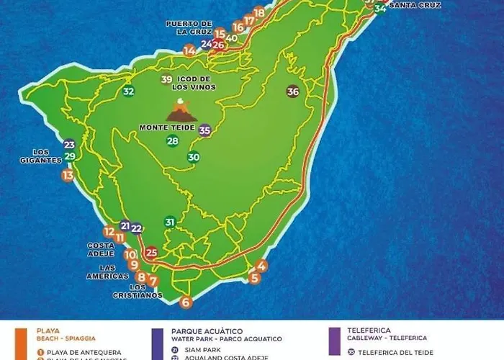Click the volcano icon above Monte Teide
pos(181,112)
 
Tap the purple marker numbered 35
pos(204,130)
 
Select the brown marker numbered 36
pos(292,91)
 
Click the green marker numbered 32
pos(128,91)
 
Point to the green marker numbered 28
pos(173,141)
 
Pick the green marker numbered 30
pos(194,158)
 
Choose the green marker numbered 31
pos(170,222)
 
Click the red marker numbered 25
pos(151,253)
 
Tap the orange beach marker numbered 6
pos(186,302)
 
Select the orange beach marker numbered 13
pos(68,175)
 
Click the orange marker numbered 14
pos(189,50)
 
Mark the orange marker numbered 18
pos(259,12)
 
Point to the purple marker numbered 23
pos(69,145)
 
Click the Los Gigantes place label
pos(40,156)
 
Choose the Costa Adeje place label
pos(101,249)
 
